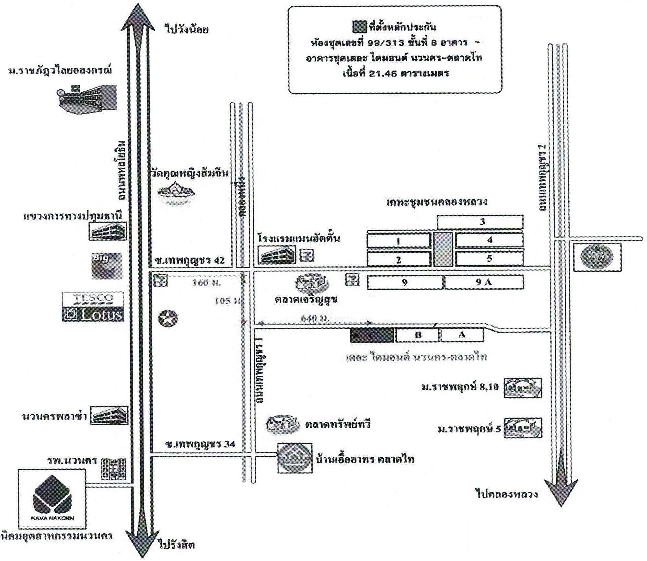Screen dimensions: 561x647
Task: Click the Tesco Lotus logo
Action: point(93,306)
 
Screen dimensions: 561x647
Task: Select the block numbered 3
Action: point(480,222)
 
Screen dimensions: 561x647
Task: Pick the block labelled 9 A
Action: point(484,282)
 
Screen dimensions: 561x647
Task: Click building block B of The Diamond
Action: point(418,335)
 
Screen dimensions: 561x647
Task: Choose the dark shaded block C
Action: point(372,335)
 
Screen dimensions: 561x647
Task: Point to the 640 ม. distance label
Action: point(315,318)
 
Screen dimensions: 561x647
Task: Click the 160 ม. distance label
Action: point(207,283)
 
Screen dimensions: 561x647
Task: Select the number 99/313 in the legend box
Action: point(388,43)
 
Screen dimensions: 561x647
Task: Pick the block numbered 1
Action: point(398,241)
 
